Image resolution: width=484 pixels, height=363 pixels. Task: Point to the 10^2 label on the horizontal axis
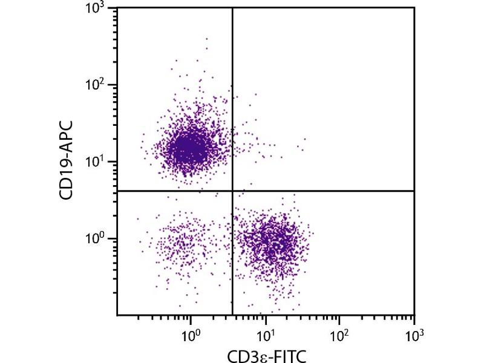point(339,333)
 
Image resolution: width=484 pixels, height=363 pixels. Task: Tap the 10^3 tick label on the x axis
point(414,333)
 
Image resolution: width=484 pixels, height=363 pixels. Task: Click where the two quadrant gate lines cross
point(233,191)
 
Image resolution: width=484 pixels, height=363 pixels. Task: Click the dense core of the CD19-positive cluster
point(189,147)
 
